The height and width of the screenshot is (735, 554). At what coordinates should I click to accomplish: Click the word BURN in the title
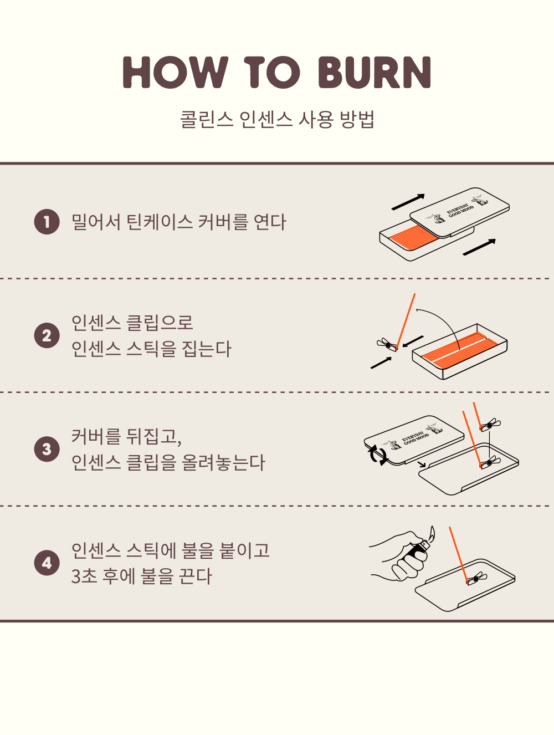point(375,72)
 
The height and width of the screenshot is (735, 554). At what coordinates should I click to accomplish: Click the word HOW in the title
point(176,72)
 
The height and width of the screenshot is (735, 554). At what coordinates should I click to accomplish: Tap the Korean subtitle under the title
point(277,119)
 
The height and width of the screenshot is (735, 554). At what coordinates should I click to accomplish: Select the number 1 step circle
point(47,222)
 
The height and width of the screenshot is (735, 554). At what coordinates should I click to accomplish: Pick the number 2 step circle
point(47,335)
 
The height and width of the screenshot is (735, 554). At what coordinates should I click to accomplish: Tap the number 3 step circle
point(47,449)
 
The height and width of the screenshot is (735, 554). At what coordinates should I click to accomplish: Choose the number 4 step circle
point(47,563)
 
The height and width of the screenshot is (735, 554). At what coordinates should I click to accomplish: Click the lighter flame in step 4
point(432,534)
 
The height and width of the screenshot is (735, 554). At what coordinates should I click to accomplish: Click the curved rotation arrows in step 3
point(378,455)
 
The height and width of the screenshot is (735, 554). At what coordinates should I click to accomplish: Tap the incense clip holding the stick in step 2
point(387,345)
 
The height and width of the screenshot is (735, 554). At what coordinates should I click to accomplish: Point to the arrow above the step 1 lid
point(408,202)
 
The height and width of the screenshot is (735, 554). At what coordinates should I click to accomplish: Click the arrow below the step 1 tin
point(479,247)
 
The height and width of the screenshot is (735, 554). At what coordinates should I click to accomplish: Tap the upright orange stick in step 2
point(406,322)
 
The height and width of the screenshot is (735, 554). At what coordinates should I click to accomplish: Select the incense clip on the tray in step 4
point(476,579)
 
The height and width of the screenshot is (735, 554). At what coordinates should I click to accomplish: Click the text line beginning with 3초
point(141,576)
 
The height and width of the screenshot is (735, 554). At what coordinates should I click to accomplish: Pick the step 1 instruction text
point(178,222)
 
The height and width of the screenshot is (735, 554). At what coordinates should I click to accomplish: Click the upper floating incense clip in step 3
point(490,425)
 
